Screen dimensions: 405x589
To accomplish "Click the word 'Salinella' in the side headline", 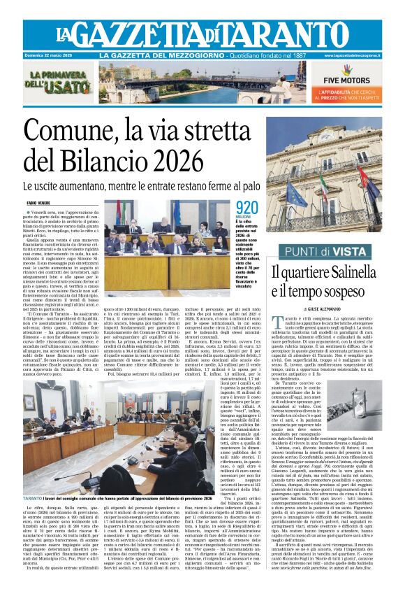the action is tap(362, 271).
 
